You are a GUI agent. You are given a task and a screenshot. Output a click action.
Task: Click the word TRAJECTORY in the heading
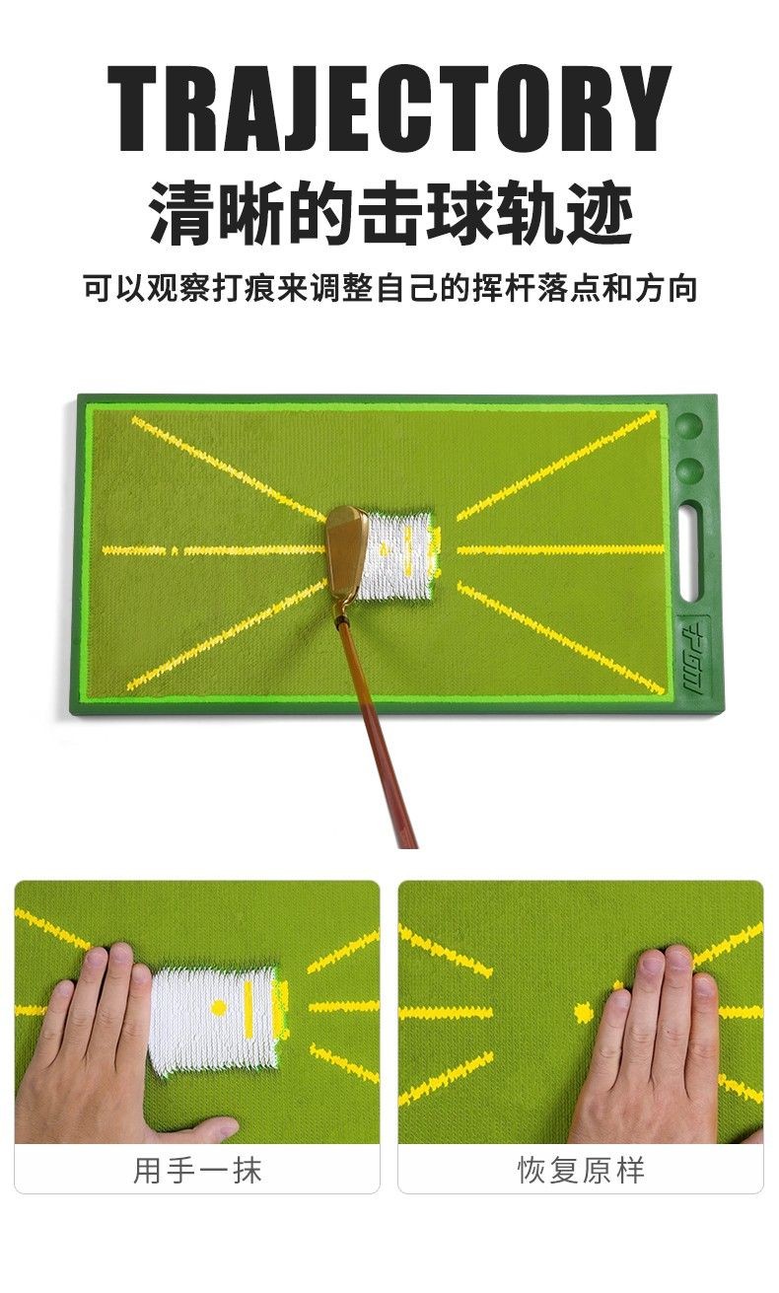(389, 108)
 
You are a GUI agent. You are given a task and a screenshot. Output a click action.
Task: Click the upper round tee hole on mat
(688, 425)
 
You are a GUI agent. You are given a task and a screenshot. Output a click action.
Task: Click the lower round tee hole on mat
(688, 470)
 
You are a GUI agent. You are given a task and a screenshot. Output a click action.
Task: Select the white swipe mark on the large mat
(397, 555)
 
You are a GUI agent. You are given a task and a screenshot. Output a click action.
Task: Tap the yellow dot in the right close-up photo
(584, 1013)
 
